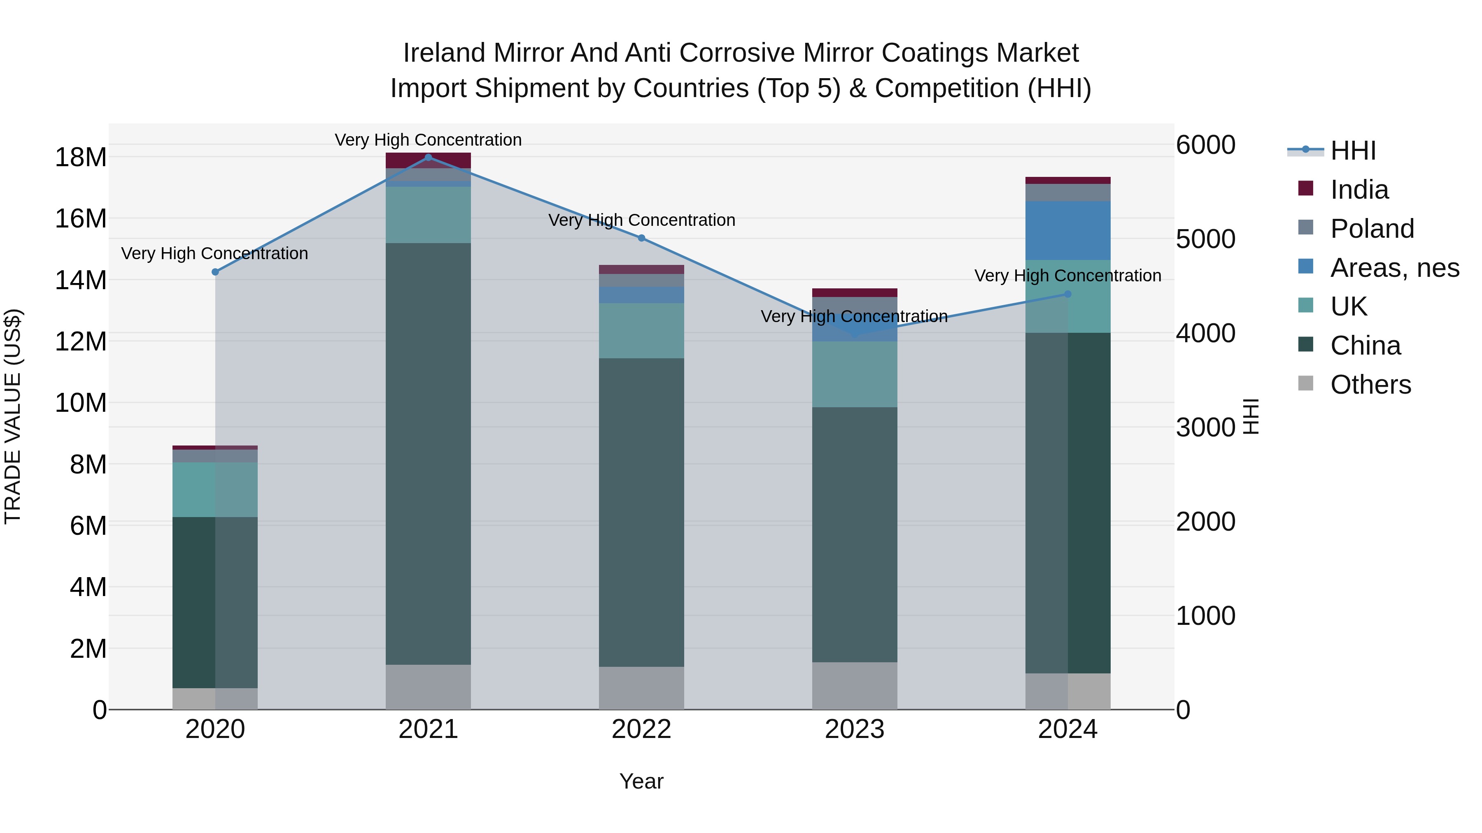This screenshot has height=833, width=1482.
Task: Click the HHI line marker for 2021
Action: pyautogui.click(x=428, y=158)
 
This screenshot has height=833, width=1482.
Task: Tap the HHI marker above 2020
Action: pyautogui.click(x=215, y=272)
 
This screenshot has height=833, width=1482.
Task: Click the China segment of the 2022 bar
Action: pyautogui.click(x=641, y=512)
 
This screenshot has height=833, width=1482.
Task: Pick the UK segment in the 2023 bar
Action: pyautogui.click(x=854, y=374)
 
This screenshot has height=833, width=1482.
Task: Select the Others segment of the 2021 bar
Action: pyautogui.click(x=428, y=687)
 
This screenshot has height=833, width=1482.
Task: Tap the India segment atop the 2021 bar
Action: pyautogui.click(x=428, y=160)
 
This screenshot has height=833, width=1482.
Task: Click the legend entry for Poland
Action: pyautogui.click(x=1372, y=229)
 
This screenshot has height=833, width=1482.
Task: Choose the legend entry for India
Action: pyautogui.click(x=1359, y=190)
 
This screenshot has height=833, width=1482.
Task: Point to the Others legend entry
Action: pyautogui.click(x=1370, y=385)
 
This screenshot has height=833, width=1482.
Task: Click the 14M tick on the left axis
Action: pyautogui.click(x=81, y=281)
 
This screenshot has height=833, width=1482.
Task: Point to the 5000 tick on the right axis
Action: pyautogui.click(x=1205, y=239)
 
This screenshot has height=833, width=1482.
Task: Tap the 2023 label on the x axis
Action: pyautogui.click(x=854, y=729)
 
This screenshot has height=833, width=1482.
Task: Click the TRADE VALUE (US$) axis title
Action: pyautogui.click(x=13, y=416)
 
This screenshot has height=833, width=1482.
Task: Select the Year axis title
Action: pyautogui.click(x=641, y=781)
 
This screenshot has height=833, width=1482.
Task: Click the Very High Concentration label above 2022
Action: pyautogui.click(x=641, y=220)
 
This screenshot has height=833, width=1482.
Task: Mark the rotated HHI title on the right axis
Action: pyautogui.click(x=1251, y=416)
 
